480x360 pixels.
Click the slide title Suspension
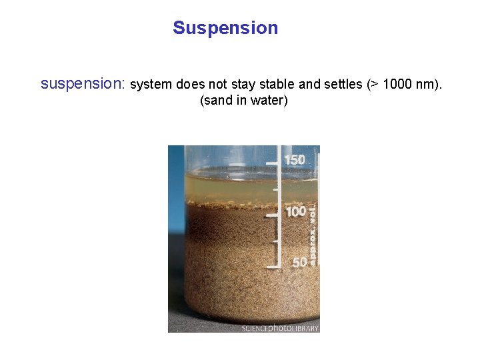[225, 29]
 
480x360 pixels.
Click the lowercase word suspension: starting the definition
[83, 85]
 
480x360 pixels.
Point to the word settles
[341, 85]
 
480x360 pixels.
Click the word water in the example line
[269, 101]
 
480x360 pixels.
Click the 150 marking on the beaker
[295, 160]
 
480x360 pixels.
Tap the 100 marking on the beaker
[295, 212]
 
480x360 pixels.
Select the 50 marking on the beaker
[300, 263]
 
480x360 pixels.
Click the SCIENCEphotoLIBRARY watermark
[280, 328]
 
